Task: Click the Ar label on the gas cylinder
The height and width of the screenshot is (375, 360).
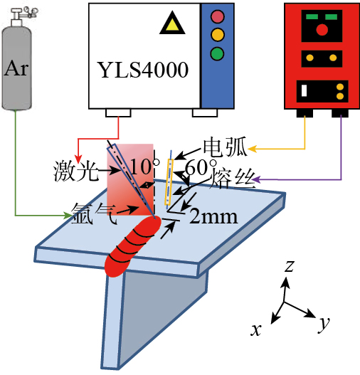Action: tap(16, 68)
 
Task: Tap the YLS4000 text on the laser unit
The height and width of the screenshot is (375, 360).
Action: tap(143, 70)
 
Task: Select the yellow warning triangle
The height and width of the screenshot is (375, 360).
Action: tap(172, 23)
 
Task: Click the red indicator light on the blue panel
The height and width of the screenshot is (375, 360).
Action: tap(218, 16)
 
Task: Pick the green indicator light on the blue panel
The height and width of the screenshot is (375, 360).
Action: tap(217, 54)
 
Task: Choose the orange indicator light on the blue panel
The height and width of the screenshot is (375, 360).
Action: tap(218, 35)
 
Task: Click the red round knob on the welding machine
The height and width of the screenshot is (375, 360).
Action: tap(322, 30)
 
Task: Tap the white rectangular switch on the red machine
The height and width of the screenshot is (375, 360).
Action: tap(304, 90)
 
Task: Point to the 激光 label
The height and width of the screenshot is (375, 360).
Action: tap(76, 171)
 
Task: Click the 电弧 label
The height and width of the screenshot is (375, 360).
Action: tap(225, 147)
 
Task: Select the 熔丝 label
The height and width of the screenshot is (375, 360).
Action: tap(233, 179)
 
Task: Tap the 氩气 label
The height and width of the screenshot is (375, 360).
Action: tap(94, 213)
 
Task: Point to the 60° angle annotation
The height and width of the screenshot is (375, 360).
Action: tap(201, 167)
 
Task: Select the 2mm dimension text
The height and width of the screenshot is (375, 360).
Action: tap(213, 217)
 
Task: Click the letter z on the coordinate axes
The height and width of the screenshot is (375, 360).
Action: tap(290, 266)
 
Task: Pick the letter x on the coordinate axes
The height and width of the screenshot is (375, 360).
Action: tap(256, 330)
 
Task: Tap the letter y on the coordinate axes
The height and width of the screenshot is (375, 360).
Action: tap(324, 324)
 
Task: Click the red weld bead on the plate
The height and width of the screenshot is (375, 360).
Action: tap(133, 246)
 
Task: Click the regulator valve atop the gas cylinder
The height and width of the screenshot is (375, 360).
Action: tap(25, 14)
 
